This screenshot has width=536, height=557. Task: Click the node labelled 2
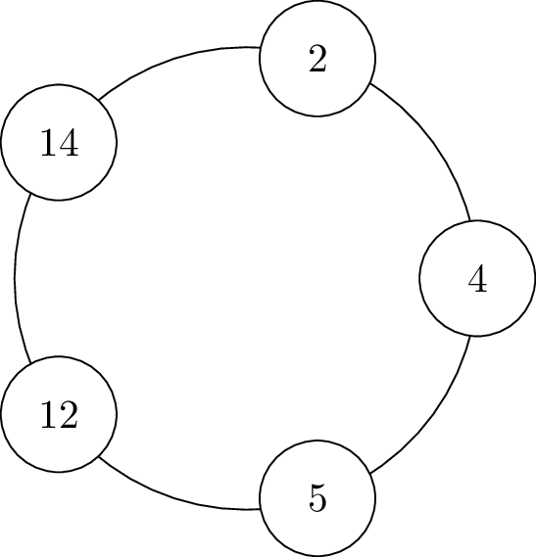(317, 59)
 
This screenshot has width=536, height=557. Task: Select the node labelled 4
(477, 278)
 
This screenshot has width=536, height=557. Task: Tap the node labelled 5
(317, 498)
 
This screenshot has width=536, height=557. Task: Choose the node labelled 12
(59, 414)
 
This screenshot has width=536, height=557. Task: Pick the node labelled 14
(59, 143)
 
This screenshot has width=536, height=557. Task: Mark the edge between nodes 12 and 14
(15, 278)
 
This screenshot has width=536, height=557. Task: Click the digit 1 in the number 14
(48, 142)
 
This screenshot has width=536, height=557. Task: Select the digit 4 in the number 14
(68, 142)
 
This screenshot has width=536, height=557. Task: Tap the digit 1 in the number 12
(48, 414)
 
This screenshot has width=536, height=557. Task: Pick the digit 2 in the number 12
(68, 414)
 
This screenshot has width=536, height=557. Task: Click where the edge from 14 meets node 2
(260, 47)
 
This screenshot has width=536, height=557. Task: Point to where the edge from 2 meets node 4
(470, 220)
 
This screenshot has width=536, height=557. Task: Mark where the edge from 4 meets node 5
(369, 473)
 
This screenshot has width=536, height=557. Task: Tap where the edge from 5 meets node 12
(99, 457)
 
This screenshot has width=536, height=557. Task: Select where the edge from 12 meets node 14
(31, 194)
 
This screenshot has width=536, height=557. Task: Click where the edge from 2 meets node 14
(99, 100)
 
